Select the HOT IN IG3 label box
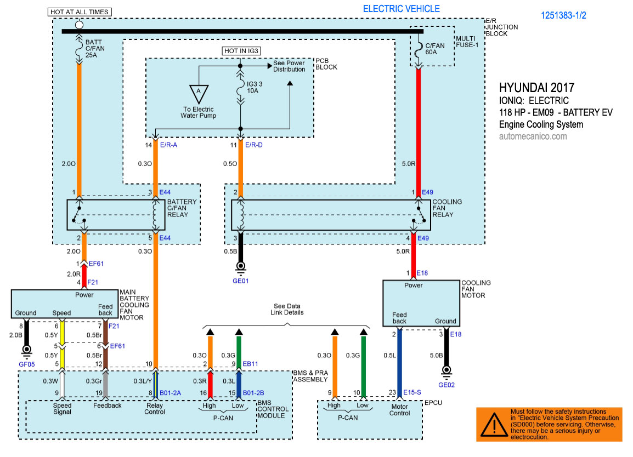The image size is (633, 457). (x=241, y=51)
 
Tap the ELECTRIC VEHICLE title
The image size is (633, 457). (x=401, y=9)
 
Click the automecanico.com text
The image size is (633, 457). (x=533, y=136)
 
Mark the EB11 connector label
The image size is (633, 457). (x=251, y=364)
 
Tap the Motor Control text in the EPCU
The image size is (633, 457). (x=399, y=409)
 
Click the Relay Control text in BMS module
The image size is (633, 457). (x=155, y=409)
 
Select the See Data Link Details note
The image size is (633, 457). (x=287, y=309)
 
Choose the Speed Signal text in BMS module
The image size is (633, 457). (x=62, y=409)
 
